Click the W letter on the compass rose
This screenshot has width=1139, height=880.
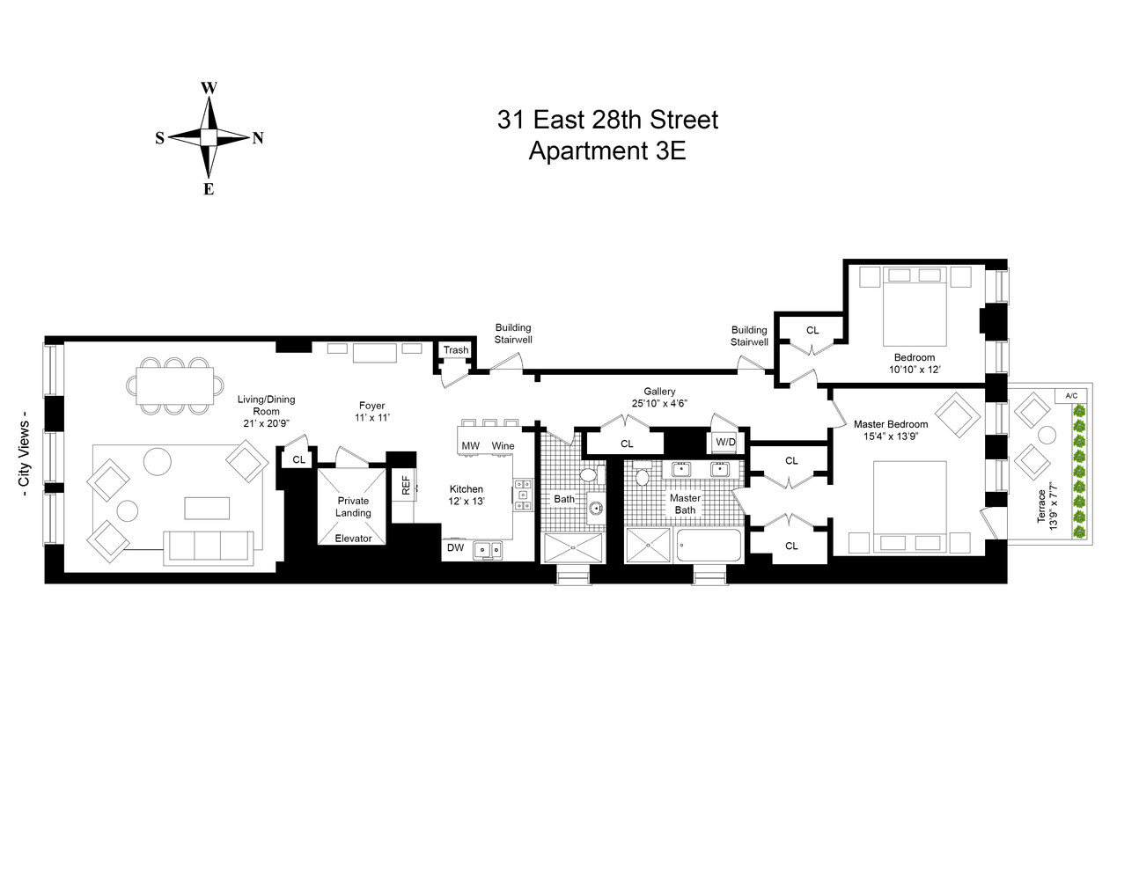[209, 88]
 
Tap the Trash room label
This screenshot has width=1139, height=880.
[456, 350]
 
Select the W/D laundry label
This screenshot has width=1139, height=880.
[725, 442]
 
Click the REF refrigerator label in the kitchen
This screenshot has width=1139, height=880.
[406, 486]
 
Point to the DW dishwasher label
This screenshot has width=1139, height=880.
[455, 548]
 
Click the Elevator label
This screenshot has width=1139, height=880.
[353, 539]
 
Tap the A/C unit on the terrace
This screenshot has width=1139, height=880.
[1071, 396]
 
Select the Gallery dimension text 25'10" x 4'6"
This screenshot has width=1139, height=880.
[659, 404]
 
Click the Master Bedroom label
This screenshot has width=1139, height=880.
[891, 424]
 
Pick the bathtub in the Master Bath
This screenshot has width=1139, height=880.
[709, 546]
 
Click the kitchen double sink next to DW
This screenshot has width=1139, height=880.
[488, 550]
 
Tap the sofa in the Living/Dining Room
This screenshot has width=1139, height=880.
[209, 546]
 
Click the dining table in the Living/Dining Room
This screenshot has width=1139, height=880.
[174, 385]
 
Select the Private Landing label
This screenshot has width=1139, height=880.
[353, 507]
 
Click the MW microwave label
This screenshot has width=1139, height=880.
[471, 446]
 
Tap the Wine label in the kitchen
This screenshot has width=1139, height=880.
[503, 446]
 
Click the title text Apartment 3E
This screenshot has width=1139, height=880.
[606, 151]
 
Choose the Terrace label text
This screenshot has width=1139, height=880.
[1041, 507]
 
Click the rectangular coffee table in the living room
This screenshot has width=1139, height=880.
[207, 509]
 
